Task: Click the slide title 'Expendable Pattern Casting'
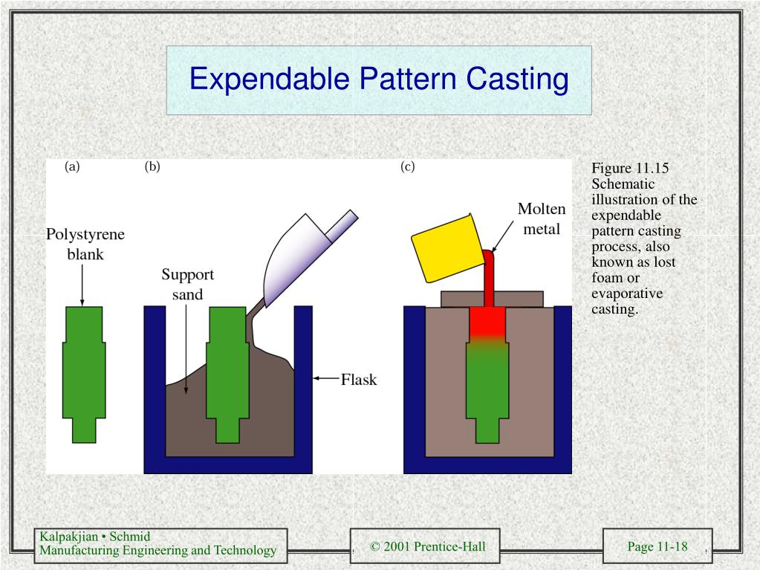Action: [379, 79]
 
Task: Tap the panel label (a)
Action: [72, 166]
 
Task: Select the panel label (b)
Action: [152, 166]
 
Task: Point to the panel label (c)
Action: [407, 166]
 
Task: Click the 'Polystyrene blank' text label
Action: [85, 244]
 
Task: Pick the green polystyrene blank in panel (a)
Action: [84, 372]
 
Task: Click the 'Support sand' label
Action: [188, 285]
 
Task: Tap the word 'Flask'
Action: [359, 380]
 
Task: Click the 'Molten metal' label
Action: [542, 218]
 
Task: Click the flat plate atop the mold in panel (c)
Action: [492, 299]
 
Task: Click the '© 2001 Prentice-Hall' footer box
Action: [427, 547]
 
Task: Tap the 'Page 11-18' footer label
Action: [657, 547]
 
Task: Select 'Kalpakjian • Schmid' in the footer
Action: [95, 537]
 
